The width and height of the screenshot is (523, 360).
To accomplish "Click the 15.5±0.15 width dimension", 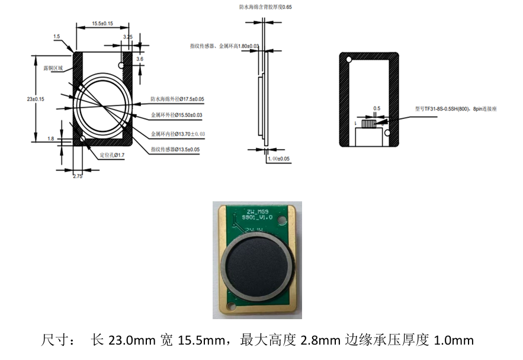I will [102, 24].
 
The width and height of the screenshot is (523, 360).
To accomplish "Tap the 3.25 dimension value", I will [127, 37].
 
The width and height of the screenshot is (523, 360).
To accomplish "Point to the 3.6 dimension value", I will [140, 59].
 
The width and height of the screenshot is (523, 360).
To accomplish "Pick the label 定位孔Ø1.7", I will [113, 156].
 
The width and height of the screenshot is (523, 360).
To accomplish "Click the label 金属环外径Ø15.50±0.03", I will [177, 115].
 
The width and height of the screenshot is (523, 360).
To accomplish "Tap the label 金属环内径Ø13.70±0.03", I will [178, 134].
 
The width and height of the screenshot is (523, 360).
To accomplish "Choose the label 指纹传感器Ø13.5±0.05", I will [175, 149].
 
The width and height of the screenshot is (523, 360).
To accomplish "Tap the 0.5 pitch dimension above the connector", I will [377, 108].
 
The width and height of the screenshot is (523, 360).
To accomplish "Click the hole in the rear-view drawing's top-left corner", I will [349, 60].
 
